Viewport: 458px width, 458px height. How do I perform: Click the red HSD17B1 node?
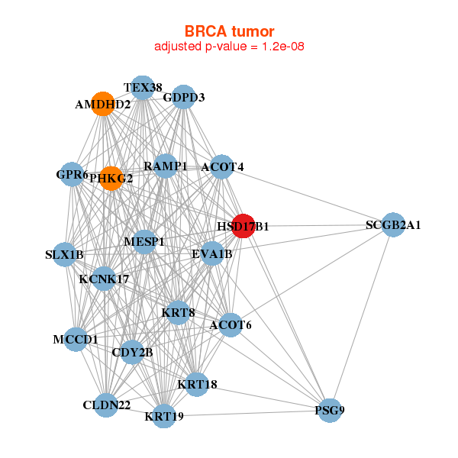pos(244,226)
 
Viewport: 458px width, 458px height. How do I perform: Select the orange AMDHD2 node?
pos(103,104)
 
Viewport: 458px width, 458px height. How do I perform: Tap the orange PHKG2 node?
pos(111,179)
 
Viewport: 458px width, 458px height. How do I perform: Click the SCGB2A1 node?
pos(393,224)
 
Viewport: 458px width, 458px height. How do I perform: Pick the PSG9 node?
pos(330,411)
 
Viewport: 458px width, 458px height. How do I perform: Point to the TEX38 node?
pos(143,88)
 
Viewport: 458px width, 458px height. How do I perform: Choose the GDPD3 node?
pos(183,97)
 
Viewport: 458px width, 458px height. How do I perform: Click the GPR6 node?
pos(72,174)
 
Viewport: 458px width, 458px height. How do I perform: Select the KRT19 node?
pos(164,416)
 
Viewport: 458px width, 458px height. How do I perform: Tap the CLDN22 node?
pos(106,405)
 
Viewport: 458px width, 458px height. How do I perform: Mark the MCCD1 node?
pos(76,340)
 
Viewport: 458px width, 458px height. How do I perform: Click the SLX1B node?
pos(65,254)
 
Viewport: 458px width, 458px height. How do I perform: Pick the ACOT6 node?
pos(231,325)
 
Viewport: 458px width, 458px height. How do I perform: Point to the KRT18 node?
pos(197,385)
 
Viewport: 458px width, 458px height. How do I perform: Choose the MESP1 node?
pos(144,242)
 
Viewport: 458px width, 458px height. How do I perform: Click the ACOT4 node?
pos(222,166)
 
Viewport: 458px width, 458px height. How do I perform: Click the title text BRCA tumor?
pos(229,31)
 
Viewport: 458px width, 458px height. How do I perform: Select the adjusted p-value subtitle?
pos(229,47)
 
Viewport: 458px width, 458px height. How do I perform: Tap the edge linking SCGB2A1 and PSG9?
pos(362,318)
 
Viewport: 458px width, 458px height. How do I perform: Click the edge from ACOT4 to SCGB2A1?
pos(308,195)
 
